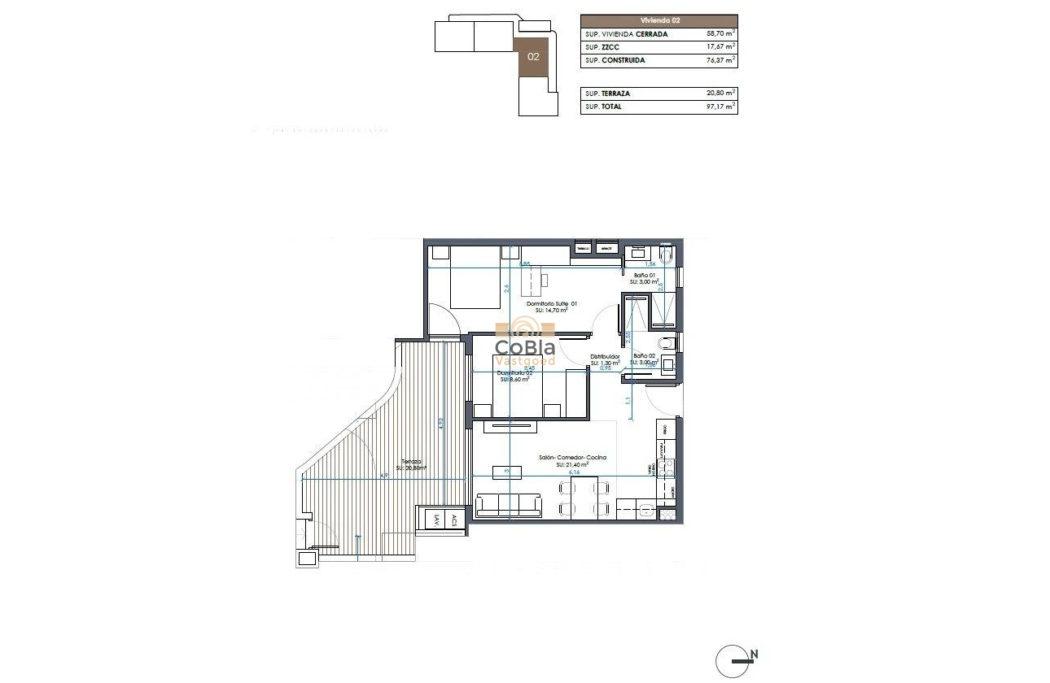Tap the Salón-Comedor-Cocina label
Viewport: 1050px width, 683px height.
[x=572, y=458]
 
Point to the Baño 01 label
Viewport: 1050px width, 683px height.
[x=645, y=276]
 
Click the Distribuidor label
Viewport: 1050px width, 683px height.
[x=605, y=357]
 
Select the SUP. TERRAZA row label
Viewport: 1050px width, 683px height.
[x=607, y=94]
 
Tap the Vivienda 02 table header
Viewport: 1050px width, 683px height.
[x=658, y=20]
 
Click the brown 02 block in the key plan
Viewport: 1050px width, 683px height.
[x=533, y=57]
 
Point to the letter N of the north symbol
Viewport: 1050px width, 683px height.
[x=755, y=653]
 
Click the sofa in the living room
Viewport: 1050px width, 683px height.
[x=509, y=505]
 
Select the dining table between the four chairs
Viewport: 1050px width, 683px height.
[x=584, y=498]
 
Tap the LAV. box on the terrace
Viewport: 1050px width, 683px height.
[x=437, y=520]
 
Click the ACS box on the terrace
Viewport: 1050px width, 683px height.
[x=454, y=520]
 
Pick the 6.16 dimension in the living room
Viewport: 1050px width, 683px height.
[x=574, y=472]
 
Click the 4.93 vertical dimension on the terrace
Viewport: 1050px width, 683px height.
[x=440, y=423]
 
